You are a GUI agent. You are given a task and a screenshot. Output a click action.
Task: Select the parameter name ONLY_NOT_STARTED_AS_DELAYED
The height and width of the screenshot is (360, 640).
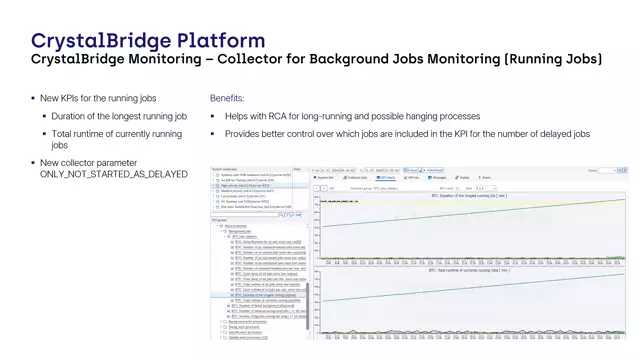pyautogui.click(x=113, y=174)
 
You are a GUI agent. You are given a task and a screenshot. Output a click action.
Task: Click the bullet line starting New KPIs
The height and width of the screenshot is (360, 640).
pyautogui.click(x=97, y=99)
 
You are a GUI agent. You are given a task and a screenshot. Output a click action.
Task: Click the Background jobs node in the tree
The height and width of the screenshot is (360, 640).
pyautogui.click(x=243, y=231)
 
